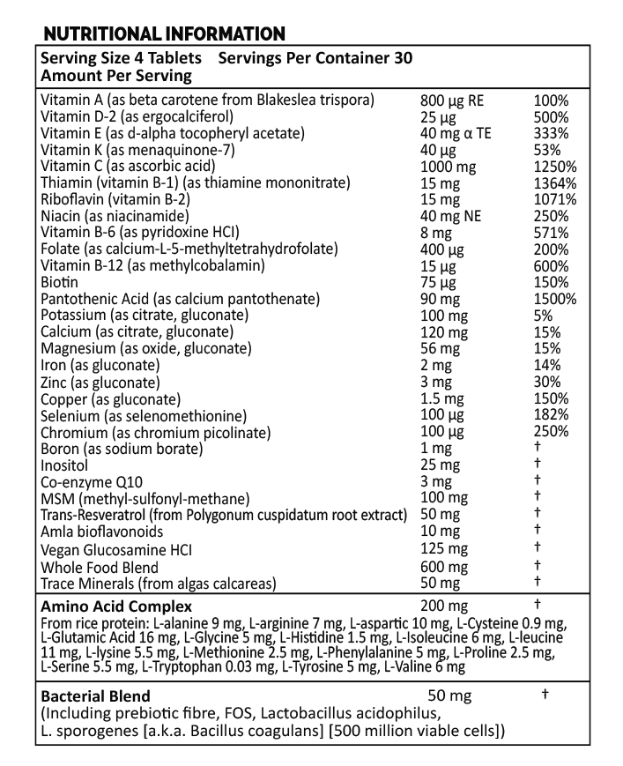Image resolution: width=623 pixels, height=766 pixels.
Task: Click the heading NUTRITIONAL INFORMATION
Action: click(x=164, y=34)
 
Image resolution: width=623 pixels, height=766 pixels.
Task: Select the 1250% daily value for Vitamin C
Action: click(x=555, y=167)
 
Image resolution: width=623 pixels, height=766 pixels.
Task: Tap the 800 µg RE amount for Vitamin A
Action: click(x=453, y=100)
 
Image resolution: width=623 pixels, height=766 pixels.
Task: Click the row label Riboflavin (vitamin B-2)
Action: click(x=115, y=199)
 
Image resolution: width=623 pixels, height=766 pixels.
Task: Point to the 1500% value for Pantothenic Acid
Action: click(x=555, y=299)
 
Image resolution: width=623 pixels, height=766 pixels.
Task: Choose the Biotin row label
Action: click(x=59, y=282)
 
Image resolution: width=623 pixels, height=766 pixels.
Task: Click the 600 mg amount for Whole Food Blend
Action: click(x=445, y=568)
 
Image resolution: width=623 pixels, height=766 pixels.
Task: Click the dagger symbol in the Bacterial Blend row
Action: click(x=545, y=695)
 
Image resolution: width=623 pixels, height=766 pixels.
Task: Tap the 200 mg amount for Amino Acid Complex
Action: click(x=445, y=606)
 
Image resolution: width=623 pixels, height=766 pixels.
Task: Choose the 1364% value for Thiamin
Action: click(x=555, y=183)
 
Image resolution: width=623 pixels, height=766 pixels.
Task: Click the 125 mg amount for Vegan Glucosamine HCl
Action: click(x=445, y=550)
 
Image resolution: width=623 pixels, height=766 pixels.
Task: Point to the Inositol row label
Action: click(x=64, y=465)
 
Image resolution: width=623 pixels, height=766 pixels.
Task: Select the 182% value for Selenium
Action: click(x=551, y=414)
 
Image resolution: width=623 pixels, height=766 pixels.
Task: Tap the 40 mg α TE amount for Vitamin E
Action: click(x=458, y=134)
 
